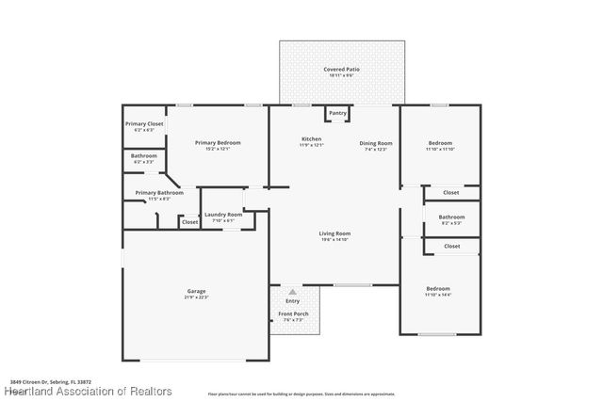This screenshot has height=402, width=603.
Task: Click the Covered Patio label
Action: tap(341, 70)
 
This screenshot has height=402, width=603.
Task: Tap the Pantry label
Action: tap(338, 114)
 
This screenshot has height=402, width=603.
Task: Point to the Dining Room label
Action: tap(376, 143)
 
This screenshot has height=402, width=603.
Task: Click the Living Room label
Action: tap(335, 233)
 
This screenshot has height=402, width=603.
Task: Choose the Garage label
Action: tap(196, 291)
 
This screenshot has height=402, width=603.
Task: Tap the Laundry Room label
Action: tap(223, 215)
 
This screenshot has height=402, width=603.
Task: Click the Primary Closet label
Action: tap(144, 124)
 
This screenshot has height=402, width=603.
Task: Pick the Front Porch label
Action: tap(292, 314)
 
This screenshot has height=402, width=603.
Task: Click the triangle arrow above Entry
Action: tap(293, 292)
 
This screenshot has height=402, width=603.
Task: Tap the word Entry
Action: tap(293, 301)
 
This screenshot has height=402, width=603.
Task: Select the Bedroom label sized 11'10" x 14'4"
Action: tap(438, 289)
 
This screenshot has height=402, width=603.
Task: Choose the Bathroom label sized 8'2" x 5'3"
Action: tap(451, 217)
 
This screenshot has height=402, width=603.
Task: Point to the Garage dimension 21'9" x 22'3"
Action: tap(196, 297)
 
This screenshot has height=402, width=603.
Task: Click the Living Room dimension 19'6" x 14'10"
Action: tap(335, 240)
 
